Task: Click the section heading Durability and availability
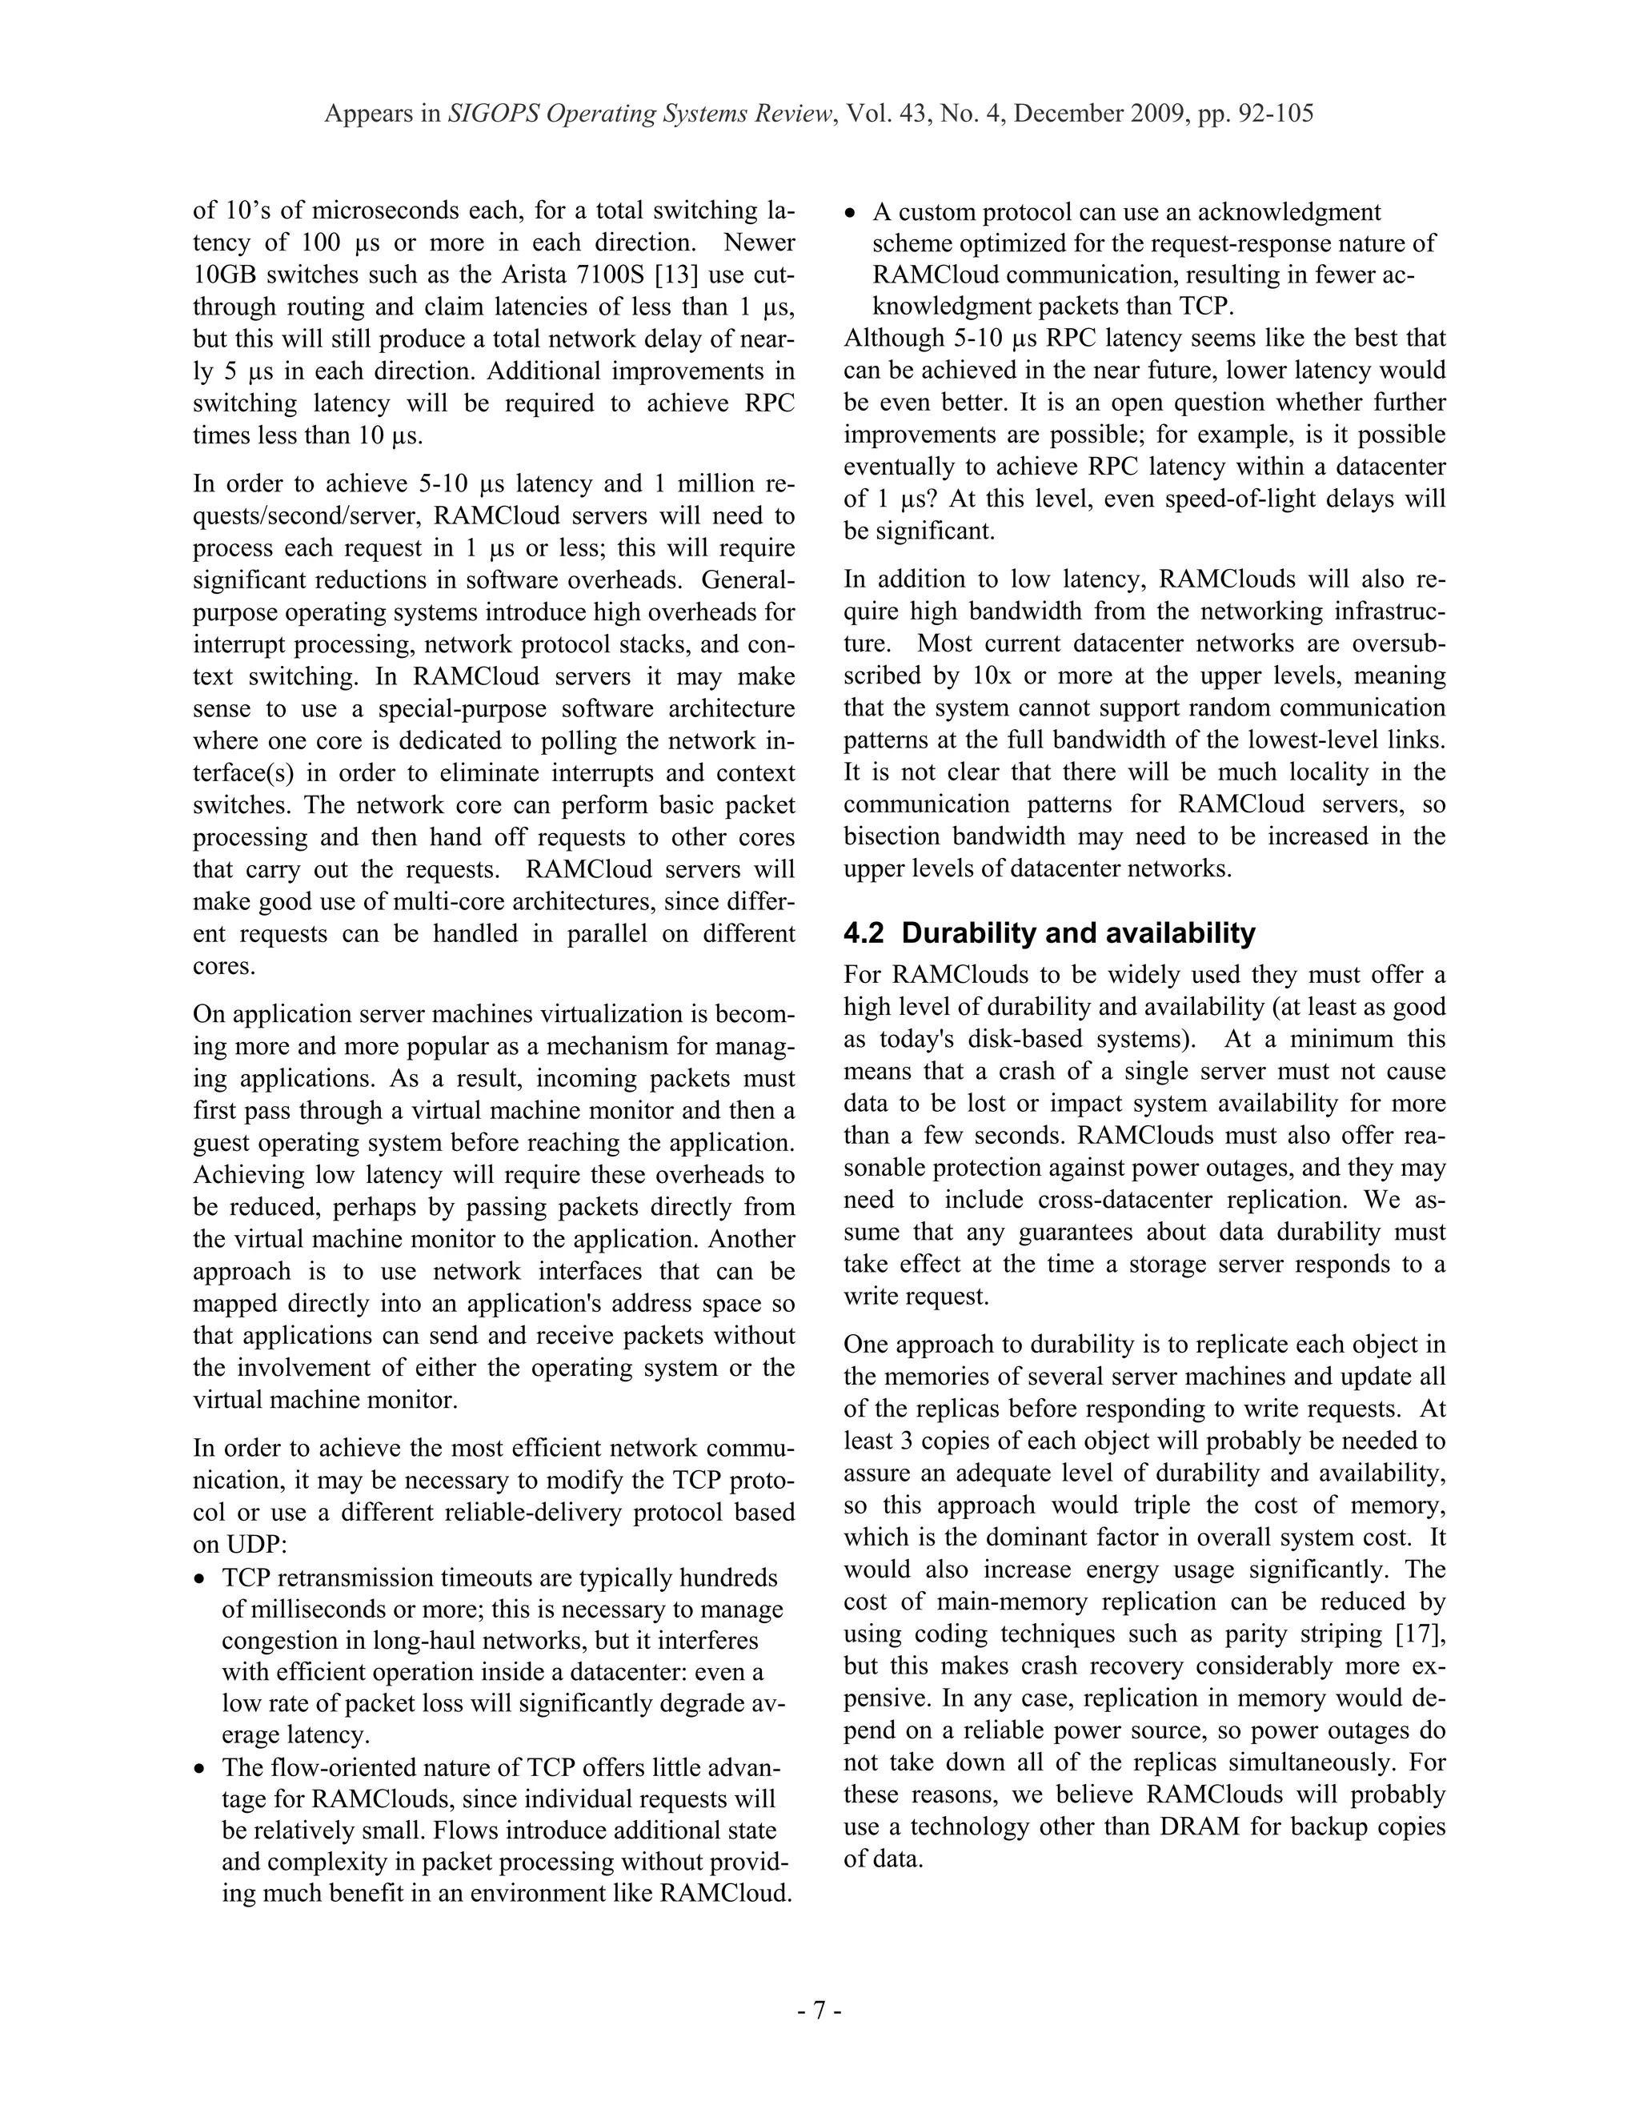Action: coord(1078,933)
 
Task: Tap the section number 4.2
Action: coord(864,933)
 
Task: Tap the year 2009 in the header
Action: coord(1158,114)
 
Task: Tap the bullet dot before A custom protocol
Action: coord(852,213)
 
